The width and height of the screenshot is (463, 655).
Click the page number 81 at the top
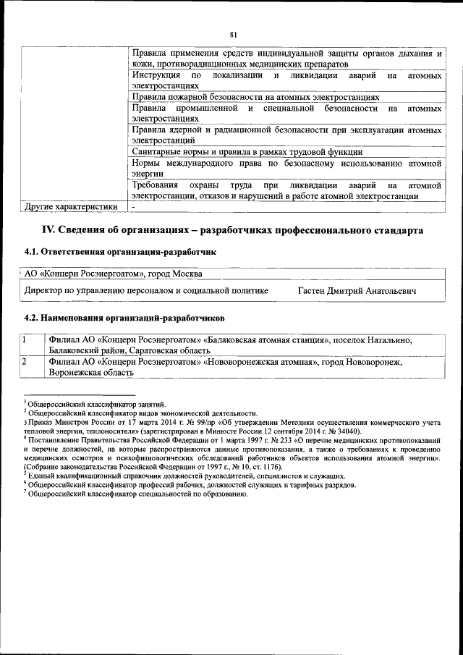[234, 34]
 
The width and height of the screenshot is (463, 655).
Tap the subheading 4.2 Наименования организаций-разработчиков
[124, 317]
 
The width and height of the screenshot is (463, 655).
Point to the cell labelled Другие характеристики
[71, 207]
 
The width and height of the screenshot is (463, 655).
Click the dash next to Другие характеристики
[134, 207]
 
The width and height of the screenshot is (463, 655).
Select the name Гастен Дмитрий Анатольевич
[357, 290]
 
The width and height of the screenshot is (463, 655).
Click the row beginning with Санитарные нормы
[246, 152]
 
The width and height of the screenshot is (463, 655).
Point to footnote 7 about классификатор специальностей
[137, 494]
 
